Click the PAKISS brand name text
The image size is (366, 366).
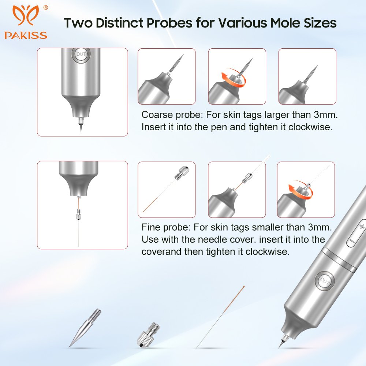pos(26,35)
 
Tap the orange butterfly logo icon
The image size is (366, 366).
pos(26,15)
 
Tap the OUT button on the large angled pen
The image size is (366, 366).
pos(325,281)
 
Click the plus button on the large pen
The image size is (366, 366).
pos(362,226)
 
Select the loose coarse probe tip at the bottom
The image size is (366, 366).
pos(85,328)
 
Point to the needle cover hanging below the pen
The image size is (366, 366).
pos(78,214)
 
